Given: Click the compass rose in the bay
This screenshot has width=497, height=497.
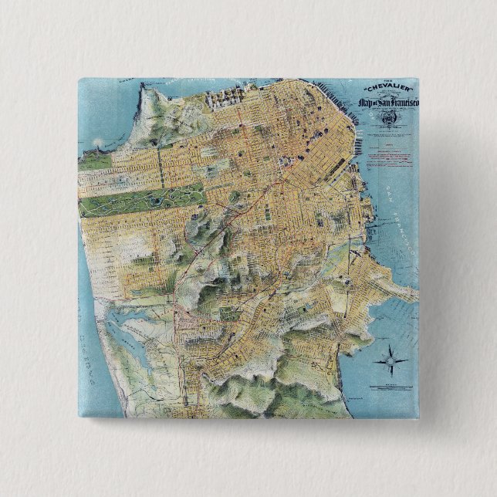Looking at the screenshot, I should pos(389,360).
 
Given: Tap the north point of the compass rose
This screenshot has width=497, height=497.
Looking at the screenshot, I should pos(389,347).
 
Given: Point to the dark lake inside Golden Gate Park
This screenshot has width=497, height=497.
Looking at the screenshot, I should pos(157,200).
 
